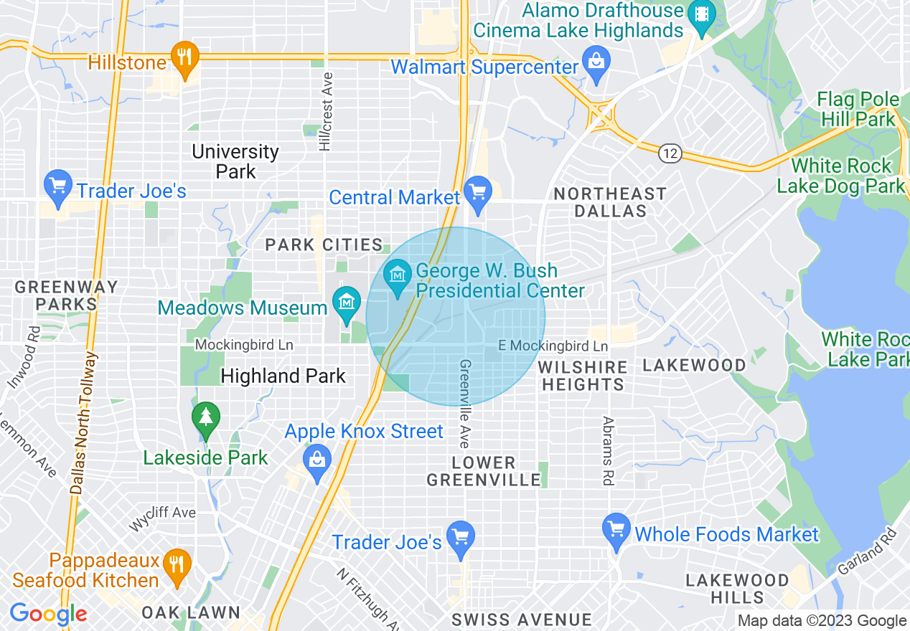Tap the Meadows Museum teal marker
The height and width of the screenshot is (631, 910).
point(347,304)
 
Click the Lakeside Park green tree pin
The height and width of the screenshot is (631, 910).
point(206,419)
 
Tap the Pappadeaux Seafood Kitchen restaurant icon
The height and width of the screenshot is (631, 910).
point(174,564)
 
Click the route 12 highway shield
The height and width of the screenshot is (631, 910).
point(670,153)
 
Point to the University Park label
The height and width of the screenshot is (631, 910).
point(235,161)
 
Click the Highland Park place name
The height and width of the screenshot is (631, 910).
point(283,376)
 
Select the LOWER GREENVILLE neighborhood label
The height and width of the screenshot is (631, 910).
point(484,471)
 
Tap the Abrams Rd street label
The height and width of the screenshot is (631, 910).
point(608,451)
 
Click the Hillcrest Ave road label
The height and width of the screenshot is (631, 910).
point(327,111)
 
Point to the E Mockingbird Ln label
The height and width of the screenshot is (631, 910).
point(553,346)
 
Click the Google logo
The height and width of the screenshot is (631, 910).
point(48,615)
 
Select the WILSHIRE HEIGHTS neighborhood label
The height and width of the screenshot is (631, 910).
point(583,376)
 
